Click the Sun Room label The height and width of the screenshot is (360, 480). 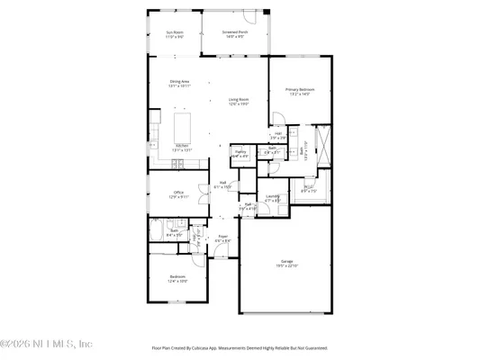175,35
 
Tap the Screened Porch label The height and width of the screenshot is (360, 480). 236,35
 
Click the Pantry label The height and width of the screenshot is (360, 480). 240,154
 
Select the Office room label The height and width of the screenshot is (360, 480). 178,193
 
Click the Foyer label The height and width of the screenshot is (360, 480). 223,239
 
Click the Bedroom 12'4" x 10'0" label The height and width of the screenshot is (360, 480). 177,280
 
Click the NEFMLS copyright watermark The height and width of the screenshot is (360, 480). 47,343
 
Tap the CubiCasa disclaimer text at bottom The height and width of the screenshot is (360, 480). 240,347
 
